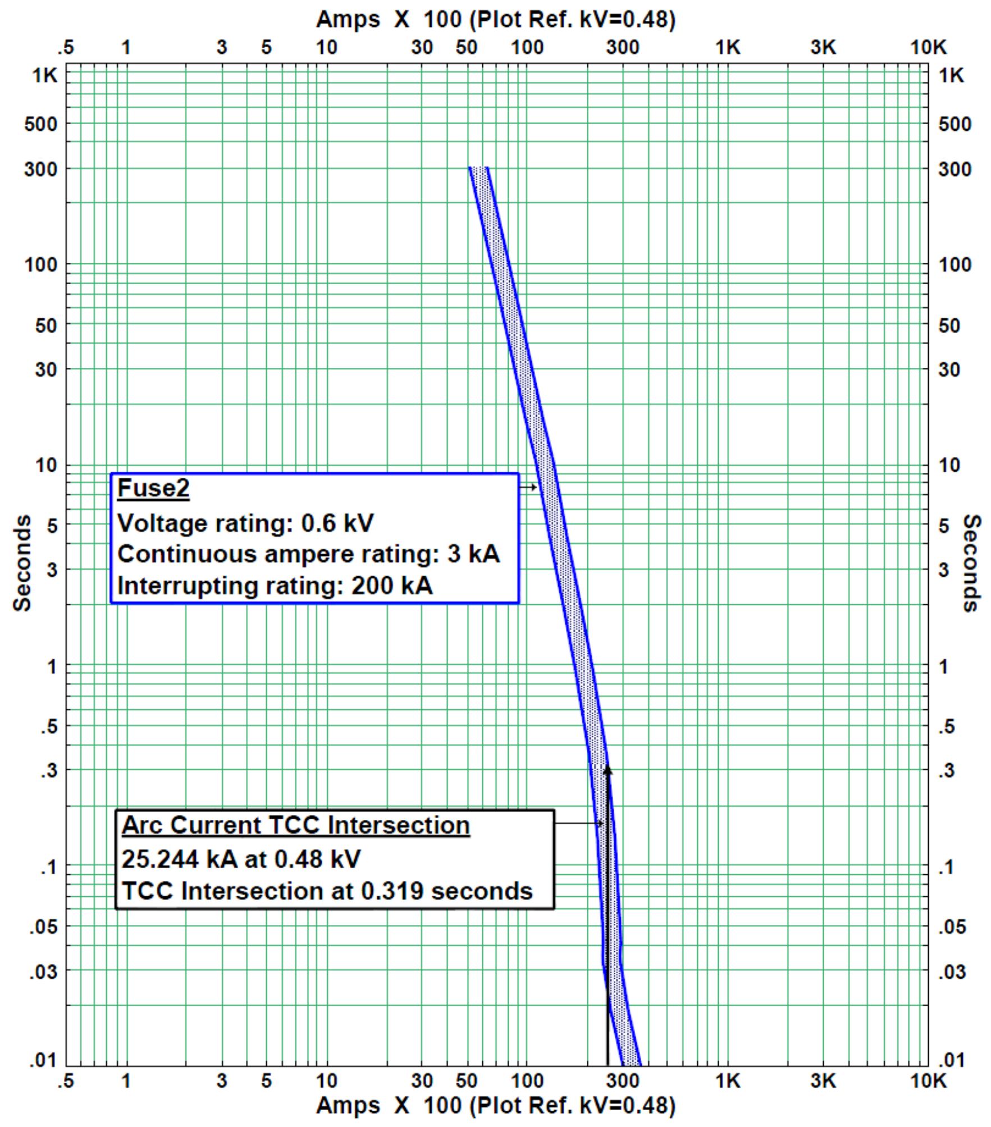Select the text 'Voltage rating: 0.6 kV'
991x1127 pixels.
pos(245,523)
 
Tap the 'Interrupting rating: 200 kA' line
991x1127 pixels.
pos(275,586)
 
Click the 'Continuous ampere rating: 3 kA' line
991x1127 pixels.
pos(308,554)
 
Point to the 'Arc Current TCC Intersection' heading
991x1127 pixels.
pos(295,825)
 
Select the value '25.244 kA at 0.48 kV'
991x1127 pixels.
pos(241,859)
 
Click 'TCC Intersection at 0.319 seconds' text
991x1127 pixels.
pos(327,891)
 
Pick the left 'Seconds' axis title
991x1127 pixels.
pos(22,563)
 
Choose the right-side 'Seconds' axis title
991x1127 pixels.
pos(971,563)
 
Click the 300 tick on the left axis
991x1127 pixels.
pos(40,169)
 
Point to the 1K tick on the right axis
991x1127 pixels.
pos(951,75)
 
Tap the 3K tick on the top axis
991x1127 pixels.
pos(823,48)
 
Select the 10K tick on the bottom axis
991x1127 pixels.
pos(928,1081)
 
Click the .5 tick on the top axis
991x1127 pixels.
pos(66,48)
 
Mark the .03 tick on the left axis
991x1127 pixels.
pos(43,971)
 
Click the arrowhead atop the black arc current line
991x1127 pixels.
pos(608,770)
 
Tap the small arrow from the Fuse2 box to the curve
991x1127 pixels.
pos(528,487)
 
